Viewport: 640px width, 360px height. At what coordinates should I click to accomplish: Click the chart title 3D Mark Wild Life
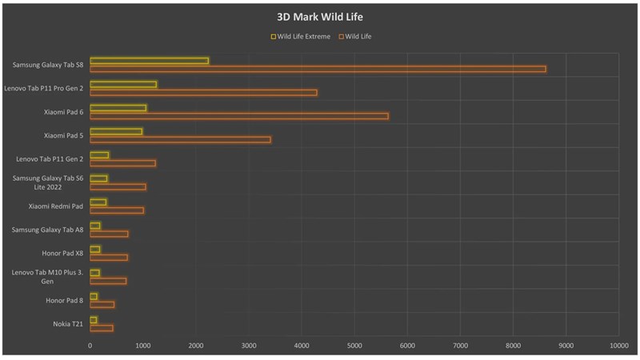[x=320, y=17]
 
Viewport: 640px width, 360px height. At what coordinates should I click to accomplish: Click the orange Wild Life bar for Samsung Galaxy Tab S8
[x=318, y=69]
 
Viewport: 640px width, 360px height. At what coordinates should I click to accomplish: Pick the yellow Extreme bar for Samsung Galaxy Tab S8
[x=149, y=61]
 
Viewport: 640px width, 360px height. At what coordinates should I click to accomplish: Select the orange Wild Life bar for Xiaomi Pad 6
[x=238, y=116]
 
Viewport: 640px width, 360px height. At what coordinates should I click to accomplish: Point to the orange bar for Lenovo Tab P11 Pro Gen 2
[x=203, y=93]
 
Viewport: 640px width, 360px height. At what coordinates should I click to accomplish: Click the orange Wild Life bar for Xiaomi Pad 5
[x=180, y=139]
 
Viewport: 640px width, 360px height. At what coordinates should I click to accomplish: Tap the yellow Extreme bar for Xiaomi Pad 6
[x=118, y=108]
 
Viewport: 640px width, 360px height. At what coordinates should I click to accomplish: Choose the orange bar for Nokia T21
[x=102, y=327]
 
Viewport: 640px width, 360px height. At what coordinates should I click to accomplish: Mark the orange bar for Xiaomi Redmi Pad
[x=117, y=210]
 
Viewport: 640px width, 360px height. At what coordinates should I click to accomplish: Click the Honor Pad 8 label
[x=65, y=300]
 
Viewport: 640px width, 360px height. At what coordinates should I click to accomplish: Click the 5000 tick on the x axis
[x=354, y=346]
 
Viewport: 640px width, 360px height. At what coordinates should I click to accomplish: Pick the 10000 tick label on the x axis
[x=618, y=346]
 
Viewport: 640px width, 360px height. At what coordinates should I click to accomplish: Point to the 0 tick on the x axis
[x=90, y=346]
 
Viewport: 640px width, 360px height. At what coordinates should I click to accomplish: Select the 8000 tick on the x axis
[x=513, y=346]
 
